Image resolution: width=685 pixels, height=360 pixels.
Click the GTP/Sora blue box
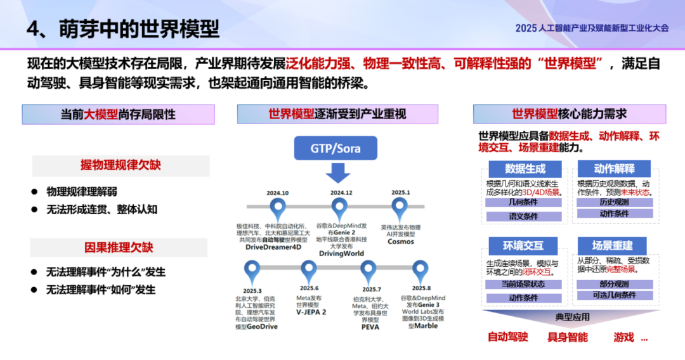coord(336,148)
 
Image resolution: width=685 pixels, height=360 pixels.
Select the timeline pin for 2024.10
coord(277,207)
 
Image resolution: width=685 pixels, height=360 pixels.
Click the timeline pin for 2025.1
coord(400,207)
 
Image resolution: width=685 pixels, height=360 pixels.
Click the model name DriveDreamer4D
coord(273,247)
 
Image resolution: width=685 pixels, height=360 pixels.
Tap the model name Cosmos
coord(401,241)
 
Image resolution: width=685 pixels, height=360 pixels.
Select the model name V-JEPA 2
coord(311,312)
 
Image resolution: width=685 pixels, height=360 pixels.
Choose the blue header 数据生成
coord(525,169)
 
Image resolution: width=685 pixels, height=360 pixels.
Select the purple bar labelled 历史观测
coord(614,202)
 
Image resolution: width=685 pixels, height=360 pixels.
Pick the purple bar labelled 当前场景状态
coord(523,284)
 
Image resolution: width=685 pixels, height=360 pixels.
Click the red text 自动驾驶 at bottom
coord(507,337)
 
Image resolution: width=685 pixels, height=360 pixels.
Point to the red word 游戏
coord(624,337)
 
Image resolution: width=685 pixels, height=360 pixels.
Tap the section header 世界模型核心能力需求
coord(569,114)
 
